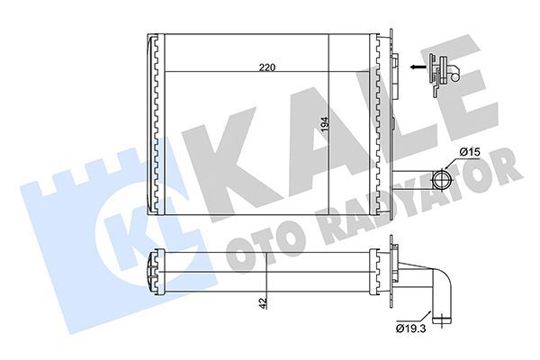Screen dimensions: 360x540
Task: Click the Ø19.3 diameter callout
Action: tap(410, 329)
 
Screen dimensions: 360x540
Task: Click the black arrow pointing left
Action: tap(417, 67)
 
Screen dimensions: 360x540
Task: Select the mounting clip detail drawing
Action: tap(444, 73)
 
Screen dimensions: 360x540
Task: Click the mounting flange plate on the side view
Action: tap(392, 270)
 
